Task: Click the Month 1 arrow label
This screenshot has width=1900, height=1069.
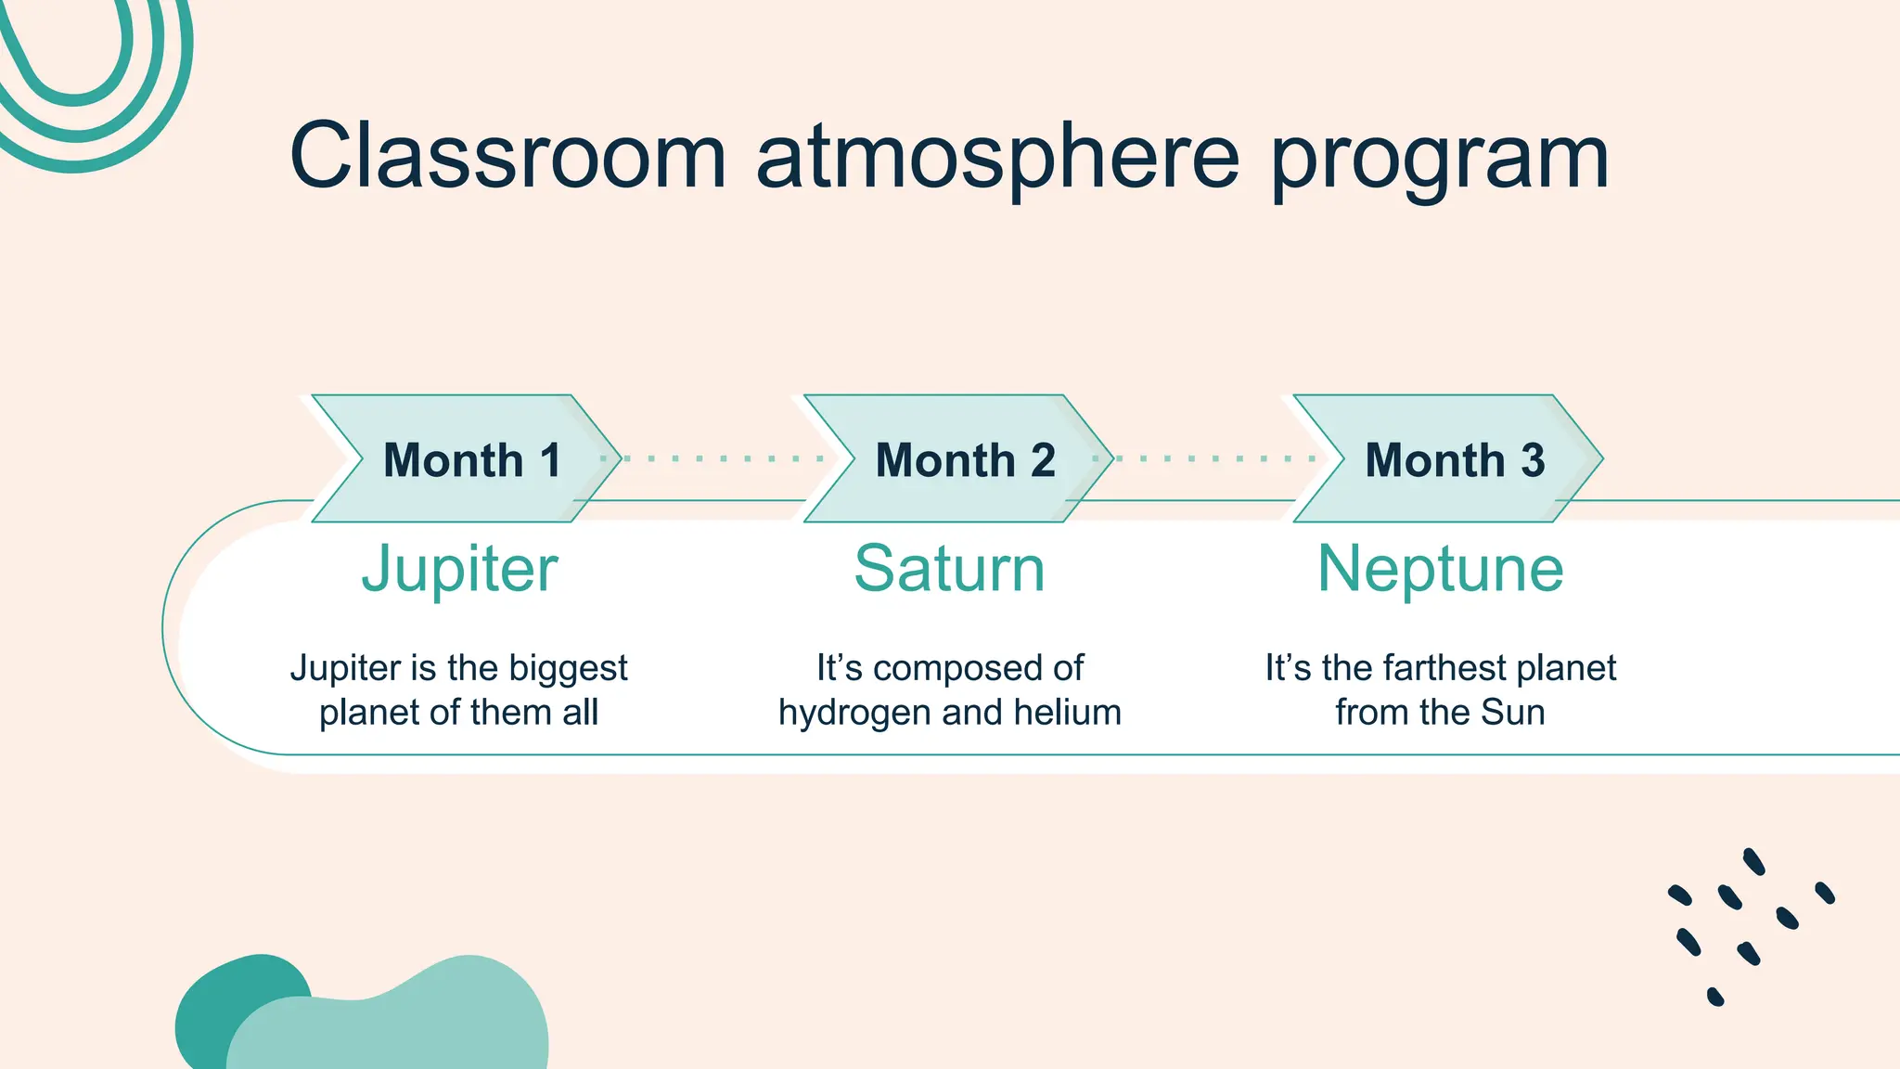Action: point(471,460)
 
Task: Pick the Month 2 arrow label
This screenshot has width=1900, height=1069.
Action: point(965,460)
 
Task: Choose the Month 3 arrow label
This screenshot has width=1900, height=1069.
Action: point(1454,460)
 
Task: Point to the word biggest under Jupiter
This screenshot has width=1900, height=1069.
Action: point(569,669)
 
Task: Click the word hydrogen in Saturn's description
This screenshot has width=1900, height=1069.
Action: point(854,714)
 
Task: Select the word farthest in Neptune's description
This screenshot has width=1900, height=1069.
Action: point(1444,668)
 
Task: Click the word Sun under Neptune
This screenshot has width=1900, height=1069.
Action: point(1513,713)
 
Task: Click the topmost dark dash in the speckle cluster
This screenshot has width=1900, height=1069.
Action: point(1753,861)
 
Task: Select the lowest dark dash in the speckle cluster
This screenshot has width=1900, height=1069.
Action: point(1715,997)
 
